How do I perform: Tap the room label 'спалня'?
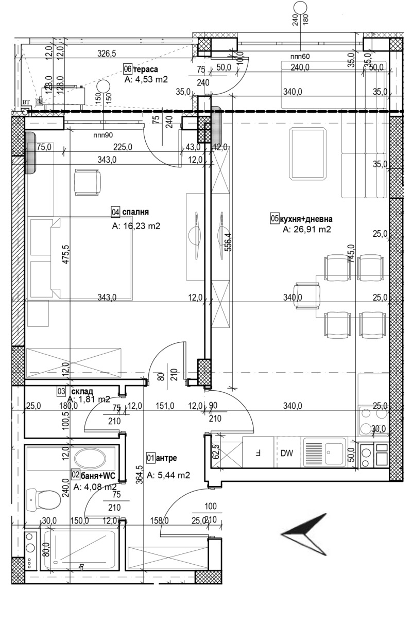point(135,212)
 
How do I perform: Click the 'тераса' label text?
point(146,69)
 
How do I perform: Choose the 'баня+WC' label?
point(98,475)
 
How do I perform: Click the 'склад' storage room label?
point(82,391)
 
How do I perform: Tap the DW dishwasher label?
point(287,454)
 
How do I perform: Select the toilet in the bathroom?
point(44,498)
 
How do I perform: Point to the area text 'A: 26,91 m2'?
point(306,230)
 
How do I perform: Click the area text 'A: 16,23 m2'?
point(136,225)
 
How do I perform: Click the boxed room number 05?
point(274,219)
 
